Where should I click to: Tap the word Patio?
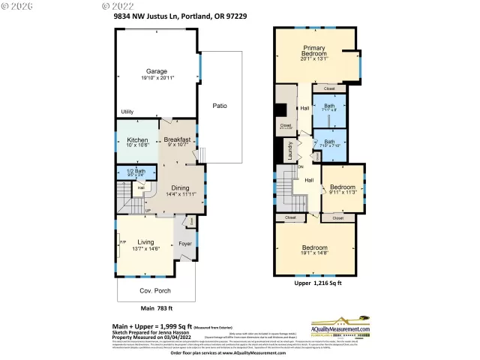point(220,106)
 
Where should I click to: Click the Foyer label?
point(184,243)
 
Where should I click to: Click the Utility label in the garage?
point(127,112)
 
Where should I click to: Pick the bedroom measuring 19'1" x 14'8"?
point(315,250)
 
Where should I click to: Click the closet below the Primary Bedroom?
point(329,88)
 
